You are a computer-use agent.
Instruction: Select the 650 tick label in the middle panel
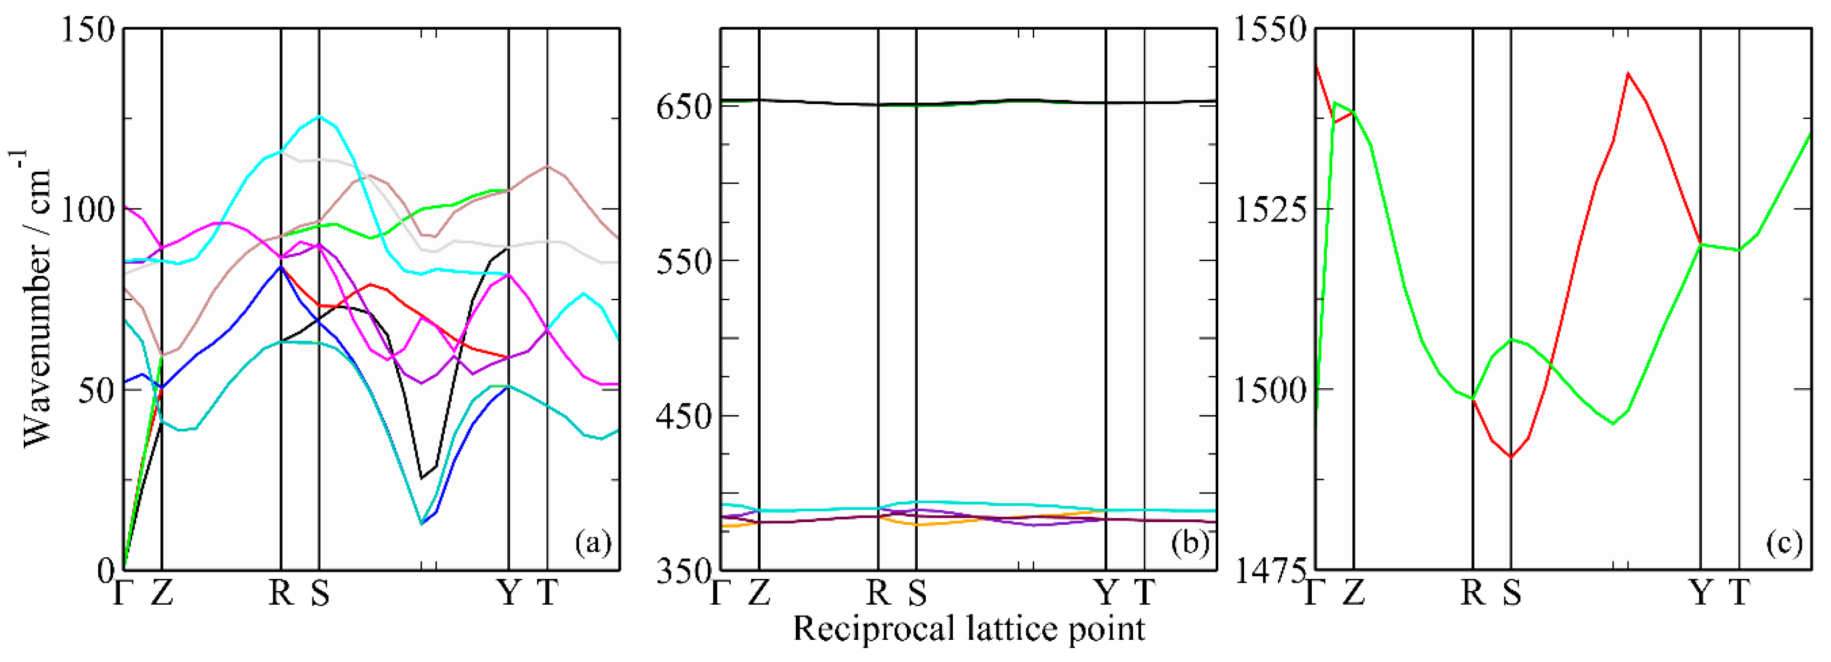684,107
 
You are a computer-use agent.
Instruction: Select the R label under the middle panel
879,592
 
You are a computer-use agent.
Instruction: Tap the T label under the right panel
1739,592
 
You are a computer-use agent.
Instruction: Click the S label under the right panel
1512,592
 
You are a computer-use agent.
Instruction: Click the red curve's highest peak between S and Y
1627,73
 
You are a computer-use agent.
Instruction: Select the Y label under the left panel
508,592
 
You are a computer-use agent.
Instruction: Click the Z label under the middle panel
759,592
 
